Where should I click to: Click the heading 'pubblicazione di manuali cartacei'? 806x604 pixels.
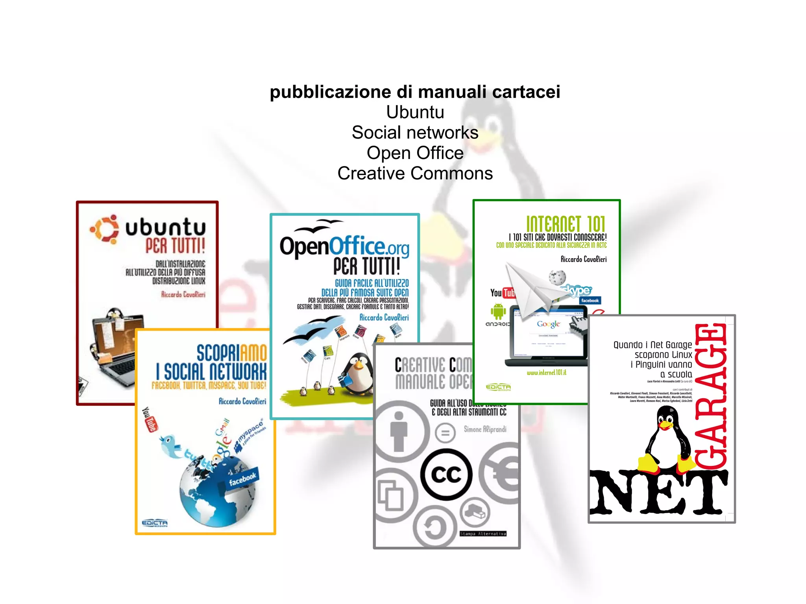point(415,92)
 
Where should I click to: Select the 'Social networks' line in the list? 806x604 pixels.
point(415,133)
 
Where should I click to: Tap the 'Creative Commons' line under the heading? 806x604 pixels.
point(415,174)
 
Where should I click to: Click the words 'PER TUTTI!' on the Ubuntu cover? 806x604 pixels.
point(176,246)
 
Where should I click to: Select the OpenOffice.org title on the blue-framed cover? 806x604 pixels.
point(344,246)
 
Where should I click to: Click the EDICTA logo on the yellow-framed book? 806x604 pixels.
point(155,523)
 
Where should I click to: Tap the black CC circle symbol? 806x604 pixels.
point(446,475)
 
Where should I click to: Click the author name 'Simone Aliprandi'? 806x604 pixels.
point(485,429)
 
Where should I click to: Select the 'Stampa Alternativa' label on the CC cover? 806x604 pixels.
point(483,534)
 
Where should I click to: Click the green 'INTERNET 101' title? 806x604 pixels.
point(566,224)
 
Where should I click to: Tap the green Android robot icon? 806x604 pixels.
point(498,311)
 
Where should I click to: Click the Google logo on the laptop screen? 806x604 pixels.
point(548,324)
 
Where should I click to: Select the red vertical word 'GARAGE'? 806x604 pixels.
point(711,395)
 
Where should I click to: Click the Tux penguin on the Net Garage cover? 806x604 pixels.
point(667,439)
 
